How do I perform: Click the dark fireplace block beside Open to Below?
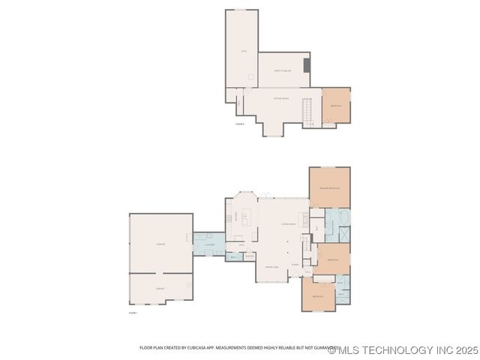307,64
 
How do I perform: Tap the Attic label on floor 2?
243,51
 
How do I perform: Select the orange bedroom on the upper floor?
336,106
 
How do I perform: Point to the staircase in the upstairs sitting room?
307,112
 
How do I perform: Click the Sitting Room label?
281,98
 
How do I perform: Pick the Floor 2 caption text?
240,124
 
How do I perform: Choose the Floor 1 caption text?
133,312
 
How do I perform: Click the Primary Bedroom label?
330,187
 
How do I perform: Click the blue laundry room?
209,244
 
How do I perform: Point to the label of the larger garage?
160,244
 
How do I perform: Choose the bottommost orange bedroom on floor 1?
318,295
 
